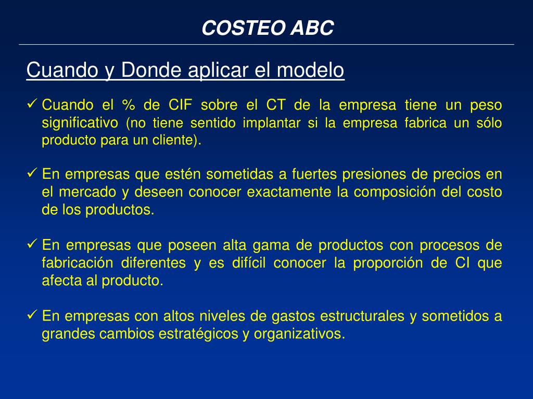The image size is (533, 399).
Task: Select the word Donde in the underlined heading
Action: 151,70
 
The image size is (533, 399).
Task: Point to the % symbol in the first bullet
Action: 128,105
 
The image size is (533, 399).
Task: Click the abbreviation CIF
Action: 180,105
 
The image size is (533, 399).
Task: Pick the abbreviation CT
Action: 276,105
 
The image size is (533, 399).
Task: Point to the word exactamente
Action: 289,192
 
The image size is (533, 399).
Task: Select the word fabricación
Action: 77,263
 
